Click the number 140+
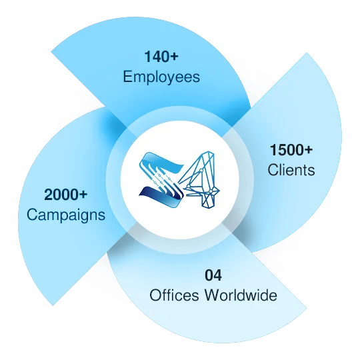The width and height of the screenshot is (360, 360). click(x=161, y=57)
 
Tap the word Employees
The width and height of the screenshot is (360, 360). click(x=161, y=77)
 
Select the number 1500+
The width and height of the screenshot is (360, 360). click(x=291, y=150)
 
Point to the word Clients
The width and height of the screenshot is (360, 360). click(x=291, y=170)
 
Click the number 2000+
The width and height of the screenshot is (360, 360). click(x=65, y=195)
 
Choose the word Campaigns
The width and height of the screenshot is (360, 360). click(x=66, y=215)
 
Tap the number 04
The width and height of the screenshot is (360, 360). click(x=213, y=275)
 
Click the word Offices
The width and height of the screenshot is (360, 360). click(x=174, y=295)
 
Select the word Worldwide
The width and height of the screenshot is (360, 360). click(x=241, y=295)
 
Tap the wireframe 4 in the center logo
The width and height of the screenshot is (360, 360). click(x=199, y=180)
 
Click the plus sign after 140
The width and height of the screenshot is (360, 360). click(x=174, y=57)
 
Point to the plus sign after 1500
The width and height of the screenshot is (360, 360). click(x=309, y=150)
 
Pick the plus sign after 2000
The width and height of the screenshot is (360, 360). click(x=83, y=195)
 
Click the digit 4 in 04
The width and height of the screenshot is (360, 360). click(x=217, y=275)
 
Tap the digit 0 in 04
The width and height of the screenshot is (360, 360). click(x=209, y=275)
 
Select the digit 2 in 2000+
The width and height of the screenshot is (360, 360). click(x=48, y=195)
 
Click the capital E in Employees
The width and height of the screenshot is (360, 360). click(x=127, y=76)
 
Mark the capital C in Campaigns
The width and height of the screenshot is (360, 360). click(x=32, y=215)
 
